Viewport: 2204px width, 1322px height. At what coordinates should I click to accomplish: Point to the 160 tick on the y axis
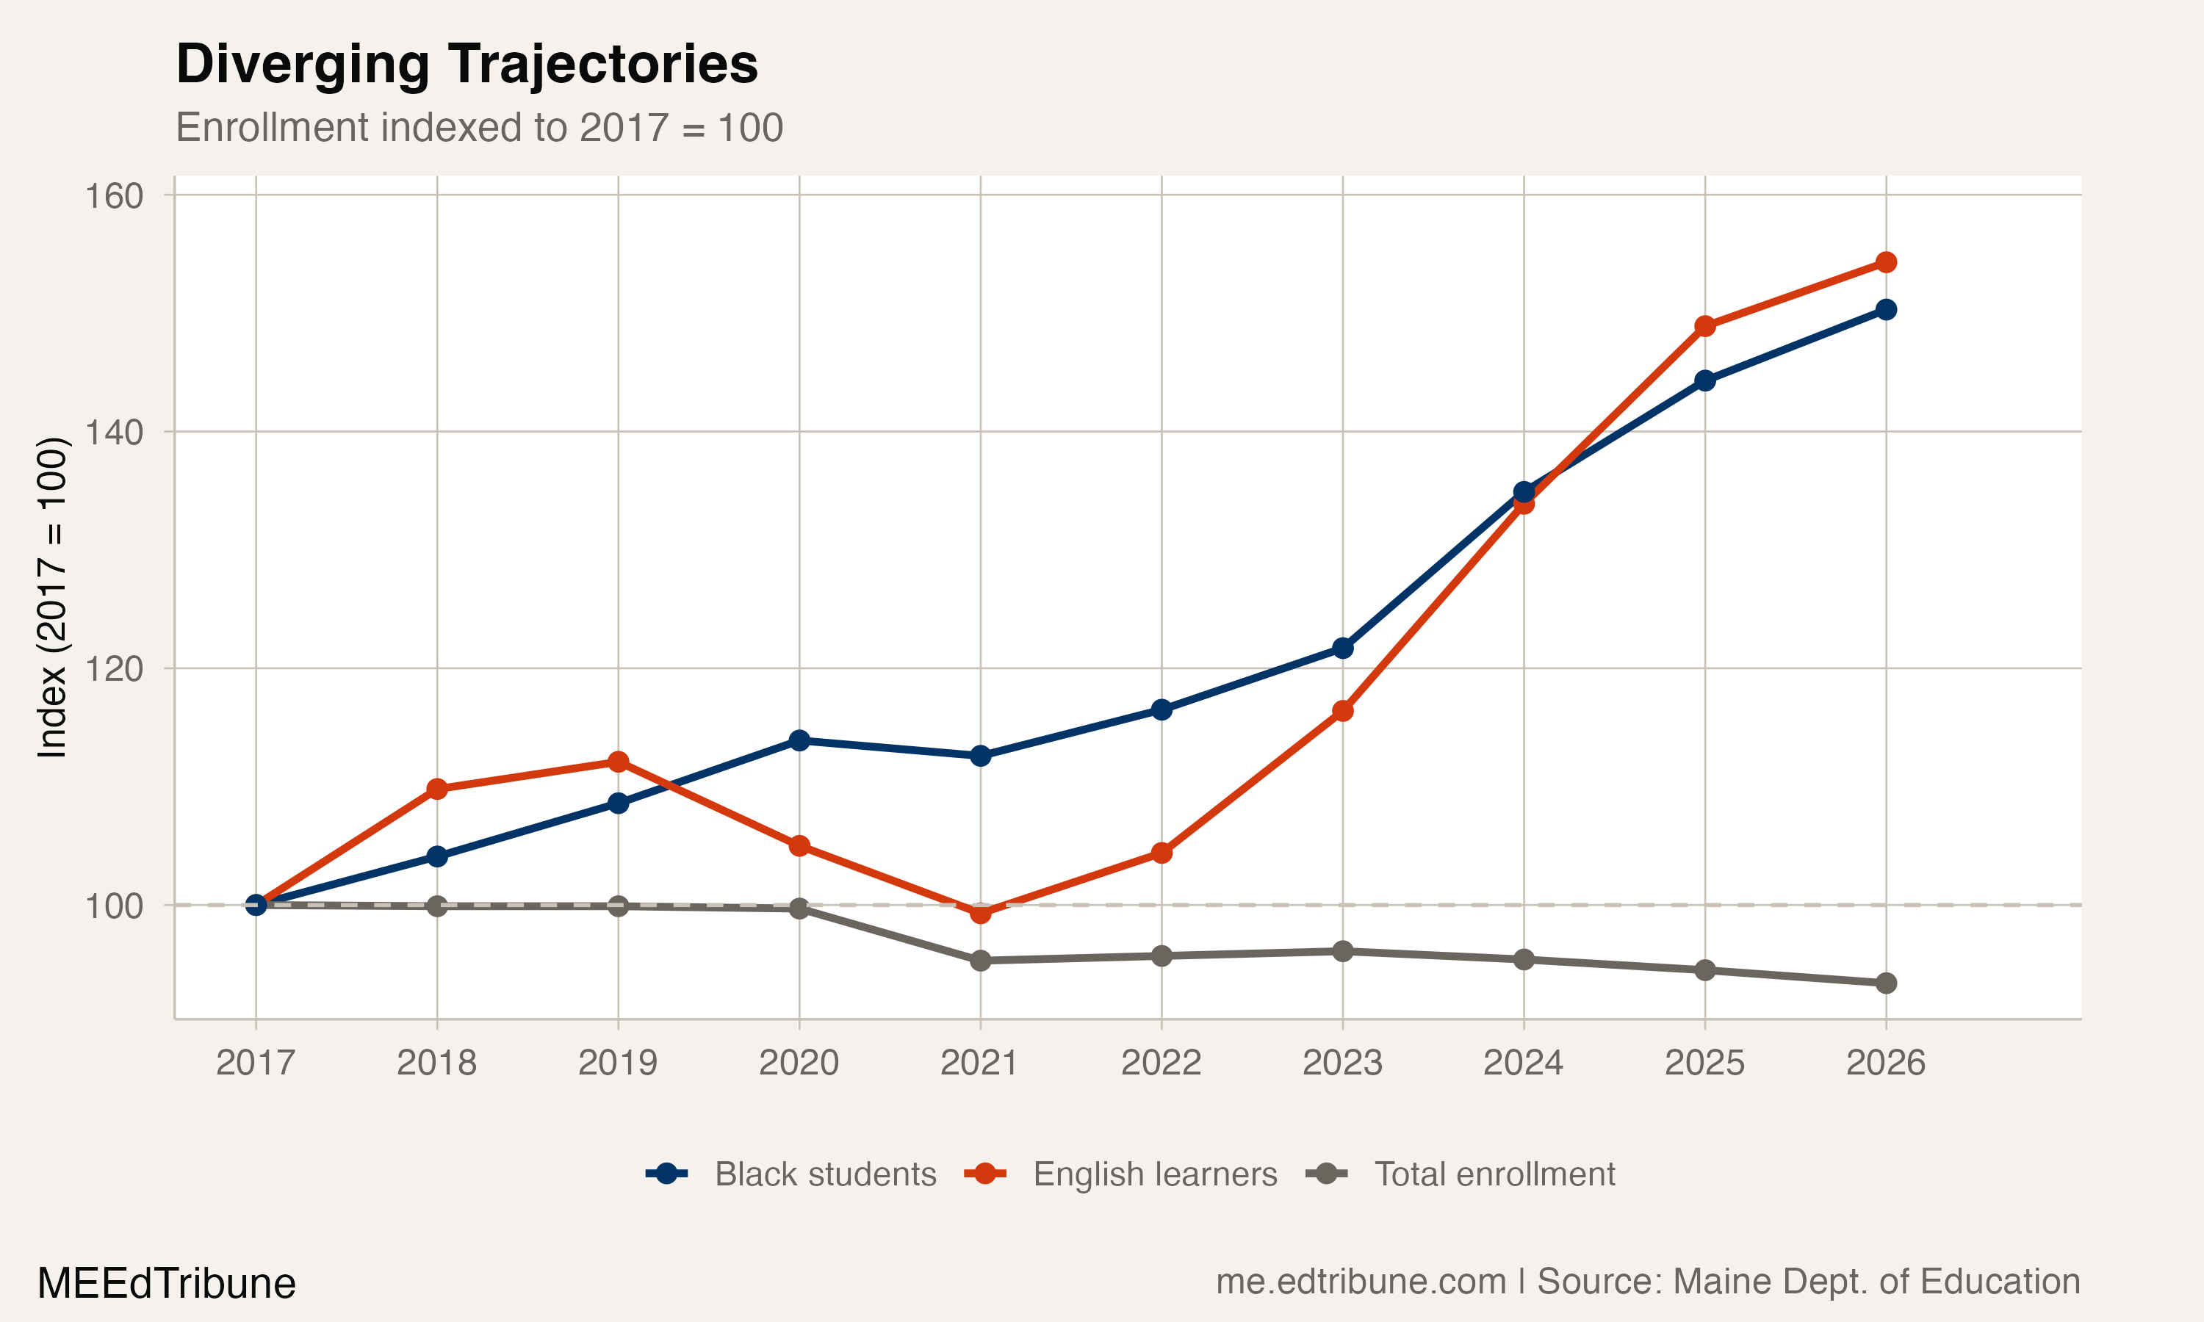[x=114, y=196]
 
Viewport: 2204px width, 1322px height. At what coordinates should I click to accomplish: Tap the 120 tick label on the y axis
[x=114, y=669]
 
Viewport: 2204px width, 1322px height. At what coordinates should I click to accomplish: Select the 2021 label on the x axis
[x=979, y=1063]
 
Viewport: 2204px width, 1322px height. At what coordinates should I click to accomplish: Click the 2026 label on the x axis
[x=1885, y=1063]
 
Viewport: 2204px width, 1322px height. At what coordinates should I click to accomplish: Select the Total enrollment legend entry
[x=1461, y=1174]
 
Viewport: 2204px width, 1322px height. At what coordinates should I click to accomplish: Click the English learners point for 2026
[x=1886, y=262]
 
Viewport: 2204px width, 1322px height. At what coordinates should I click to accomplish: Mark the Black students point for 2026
[x=1886, y=310]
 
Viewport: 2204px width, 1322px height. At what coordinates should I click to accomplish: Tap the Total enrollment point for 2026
[x=1886, y=983]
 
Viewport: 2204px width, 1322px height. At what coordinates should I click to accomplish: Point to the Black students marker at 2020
[x=799, y=740]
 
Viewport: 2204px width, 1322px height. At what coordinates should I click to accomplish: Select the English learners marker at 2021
[x=980, y=913]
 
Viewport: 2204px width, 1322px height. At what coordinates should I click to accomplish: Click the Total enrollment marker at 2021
[x=980, y=961]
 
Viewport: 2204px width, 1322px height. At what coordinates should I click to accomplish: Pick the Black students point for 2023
[x=1342, y=648]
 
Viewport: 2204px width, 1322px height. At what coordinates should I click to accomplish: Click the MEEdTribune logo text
[x=167, y=1284]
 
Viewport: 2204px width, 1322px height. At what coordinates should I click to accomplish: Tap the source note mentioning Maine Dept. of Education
[x=1647, y=1281]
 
